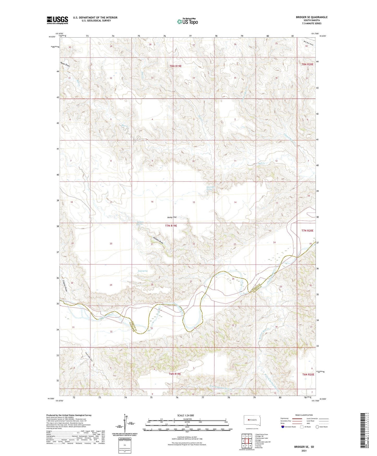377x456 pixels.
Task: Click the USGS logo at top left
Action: pyautogui.click(x=57, y=20)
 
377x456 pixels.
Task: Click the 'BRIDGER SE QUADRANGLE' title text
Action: pyautogui.click(x=312, y=17)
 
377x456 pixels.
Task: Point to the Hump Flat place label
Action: pyautogui.click(x=172, y=217)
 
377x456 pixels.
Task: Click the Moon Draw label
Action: pyautogui.click(x=65, y=64)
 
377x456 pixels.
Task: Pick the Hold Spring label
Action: pyautogui.click(x=143, y=271)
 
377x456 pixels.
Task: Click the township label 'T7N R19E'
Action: pyautogui.click(x=171, y=226)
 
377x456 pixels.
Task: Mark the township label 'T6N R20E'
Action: pyautogui.click(x=308, y=374)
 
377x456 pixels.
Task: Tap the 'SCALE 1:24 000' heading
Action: pyautogui.click(x=185, y=416)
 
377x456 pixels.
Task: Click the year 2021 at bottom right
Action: pyautogui.click(x=304, y=451)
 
